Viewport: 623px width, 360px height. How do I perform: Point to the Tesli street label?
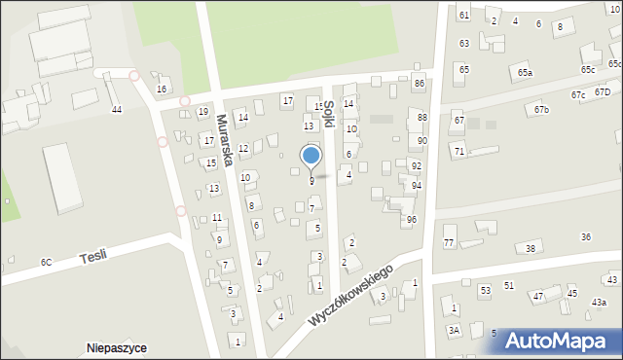tap(94, 256)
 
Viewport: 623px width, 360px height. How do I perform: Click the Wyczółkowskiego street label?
tap(350, 294)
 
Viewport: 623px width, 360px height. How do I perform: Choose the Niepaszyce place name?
tap(117, 347)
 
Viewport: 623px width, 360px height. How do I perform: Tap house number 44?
tap(117, 109)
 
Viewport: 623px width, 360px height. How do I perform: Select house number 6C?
tap(46, 263)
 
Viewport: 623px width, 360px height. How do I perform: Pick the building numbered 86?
tap(419, 85)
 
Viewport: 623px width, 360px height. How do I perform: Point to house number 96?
tap(412, 220)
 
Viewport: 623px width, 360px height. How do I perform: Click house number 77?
tap(449, 242)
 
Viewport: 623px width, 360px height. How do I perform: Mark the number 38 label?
tap(531, 249)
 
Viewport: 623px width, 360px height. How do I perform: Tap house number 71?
tap(458, 152)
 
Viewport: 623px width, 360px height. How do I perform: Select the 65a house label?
tap(526, 73)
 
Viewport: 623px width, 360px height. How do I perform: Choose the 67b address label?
tap(541, 110)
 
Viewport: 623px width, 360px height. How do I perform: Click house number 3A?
tap(454, 331)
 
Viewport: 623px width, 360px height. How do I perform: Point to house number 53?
tap(485, 290)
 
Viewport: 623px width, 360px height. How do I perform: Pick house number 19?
tap(202, 112)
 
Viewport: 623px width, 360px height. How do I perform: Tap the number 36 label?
tap(586, 237)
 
